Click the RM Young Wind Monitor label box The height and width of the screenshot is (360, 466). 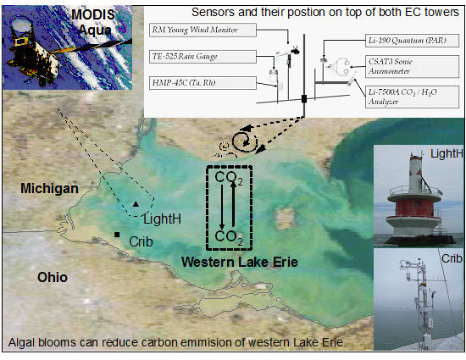coord(202,30)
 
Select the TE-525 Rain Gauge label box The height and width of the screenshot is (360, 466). coord(202,57)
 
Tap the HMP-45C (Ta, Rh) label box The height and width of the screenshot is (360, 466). coord(202,83)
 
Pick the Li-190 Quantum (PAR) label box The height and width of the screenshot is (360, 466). coord(413,41)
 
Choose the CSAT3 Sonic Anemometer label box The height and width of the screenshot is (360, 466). coord(413,67)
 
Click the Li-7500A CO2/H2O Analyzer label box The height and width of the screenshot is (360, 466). coord(413,97)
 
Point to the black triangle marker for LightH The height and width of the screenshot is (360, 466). coord(136,204)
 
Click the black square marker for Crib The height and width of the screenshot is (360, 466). coord(117,235)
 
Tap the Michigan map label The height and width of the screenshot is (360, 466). coord(49,189)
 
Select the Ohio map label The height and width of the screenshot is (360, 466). coord(53,278)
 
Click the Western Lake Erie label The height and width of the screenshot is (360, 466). coord(240,262)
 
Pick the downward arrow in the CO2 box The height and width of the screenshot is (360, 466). coord(222,207)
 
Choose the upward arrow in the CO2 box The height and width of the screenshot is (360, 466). coord(233,204)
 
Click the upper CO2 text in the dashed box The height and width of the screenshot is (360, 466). coord(229,178)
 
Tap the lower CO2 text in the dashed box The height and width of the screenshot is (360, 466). coord(229,238)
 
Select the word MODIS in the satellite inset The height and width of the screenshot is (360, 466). coord(93,15)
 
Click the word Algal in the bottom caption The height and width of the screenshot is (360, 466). coord(22,342)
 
